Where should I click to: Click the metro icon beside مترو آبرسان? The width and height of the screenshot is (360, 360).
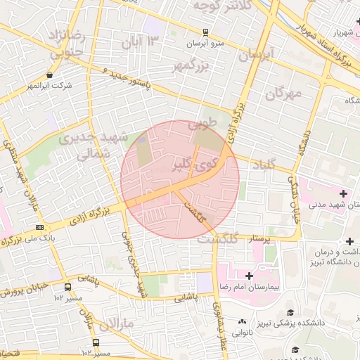coord(205,32)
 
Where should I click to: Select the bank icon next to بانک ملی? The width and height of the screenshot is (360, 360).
coord(39,227)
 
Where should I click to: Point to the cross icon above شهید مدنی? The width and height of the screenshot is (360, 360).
coord(343,193)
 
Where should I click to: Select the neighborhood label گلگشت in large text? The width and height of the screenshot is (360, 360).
coord(217,239)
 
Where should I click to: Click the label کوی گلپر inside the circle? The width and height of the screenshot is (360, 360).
coord(192,166)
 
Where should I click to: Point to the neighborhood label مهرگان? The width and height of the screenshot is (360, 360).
coord(284,93)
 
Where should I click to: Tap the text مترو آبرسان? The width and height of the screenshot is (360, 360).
coord(205,44)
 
